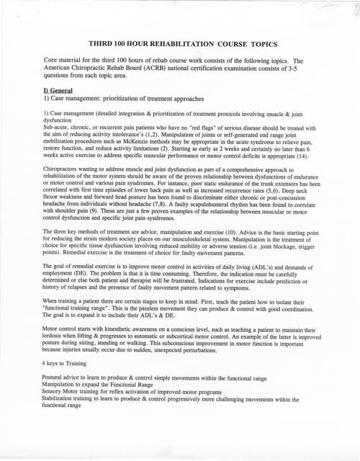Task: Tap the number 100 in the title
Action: pos(127,44)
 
